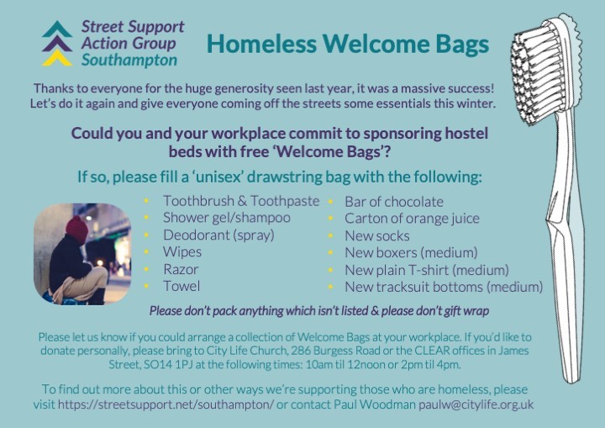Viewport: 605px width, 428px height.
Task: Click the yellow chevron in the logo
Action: tap(57, 58)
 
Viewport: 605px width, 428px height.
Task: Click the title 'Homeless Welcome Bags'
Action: tap(348, 44)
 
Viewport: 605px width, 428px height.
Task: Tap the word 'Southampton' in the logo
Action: tap(129, 61)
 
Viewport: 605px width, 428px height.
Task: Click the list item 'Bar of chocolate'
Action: tap(394, 202)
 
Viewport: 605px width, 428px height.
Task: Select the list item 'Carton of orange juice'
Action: tap(412, 219)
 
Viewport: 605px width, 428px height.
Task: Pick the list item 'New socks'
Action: tap(377, 235)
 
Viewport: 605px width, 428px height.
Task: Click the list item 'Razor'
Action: tap(181, 269)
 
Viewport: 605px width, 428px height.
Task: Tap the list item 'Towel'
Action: tap(181, 286)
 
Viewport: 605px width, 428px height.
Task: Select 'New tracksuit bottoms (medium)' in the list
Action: tap(444, 287)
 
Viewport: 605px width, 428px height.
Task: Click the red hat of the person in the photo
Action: tap(78, 228)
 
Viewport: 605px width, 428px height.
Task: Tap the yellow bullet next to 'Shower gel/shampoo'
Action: tap(147, 219)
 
